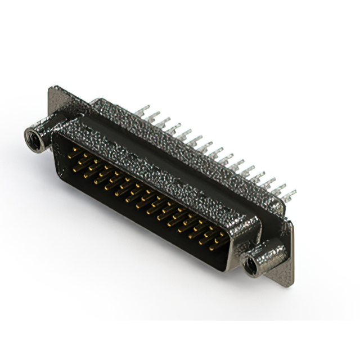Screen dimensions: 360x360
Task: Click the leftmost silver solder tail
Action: [x=142, y=111]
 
